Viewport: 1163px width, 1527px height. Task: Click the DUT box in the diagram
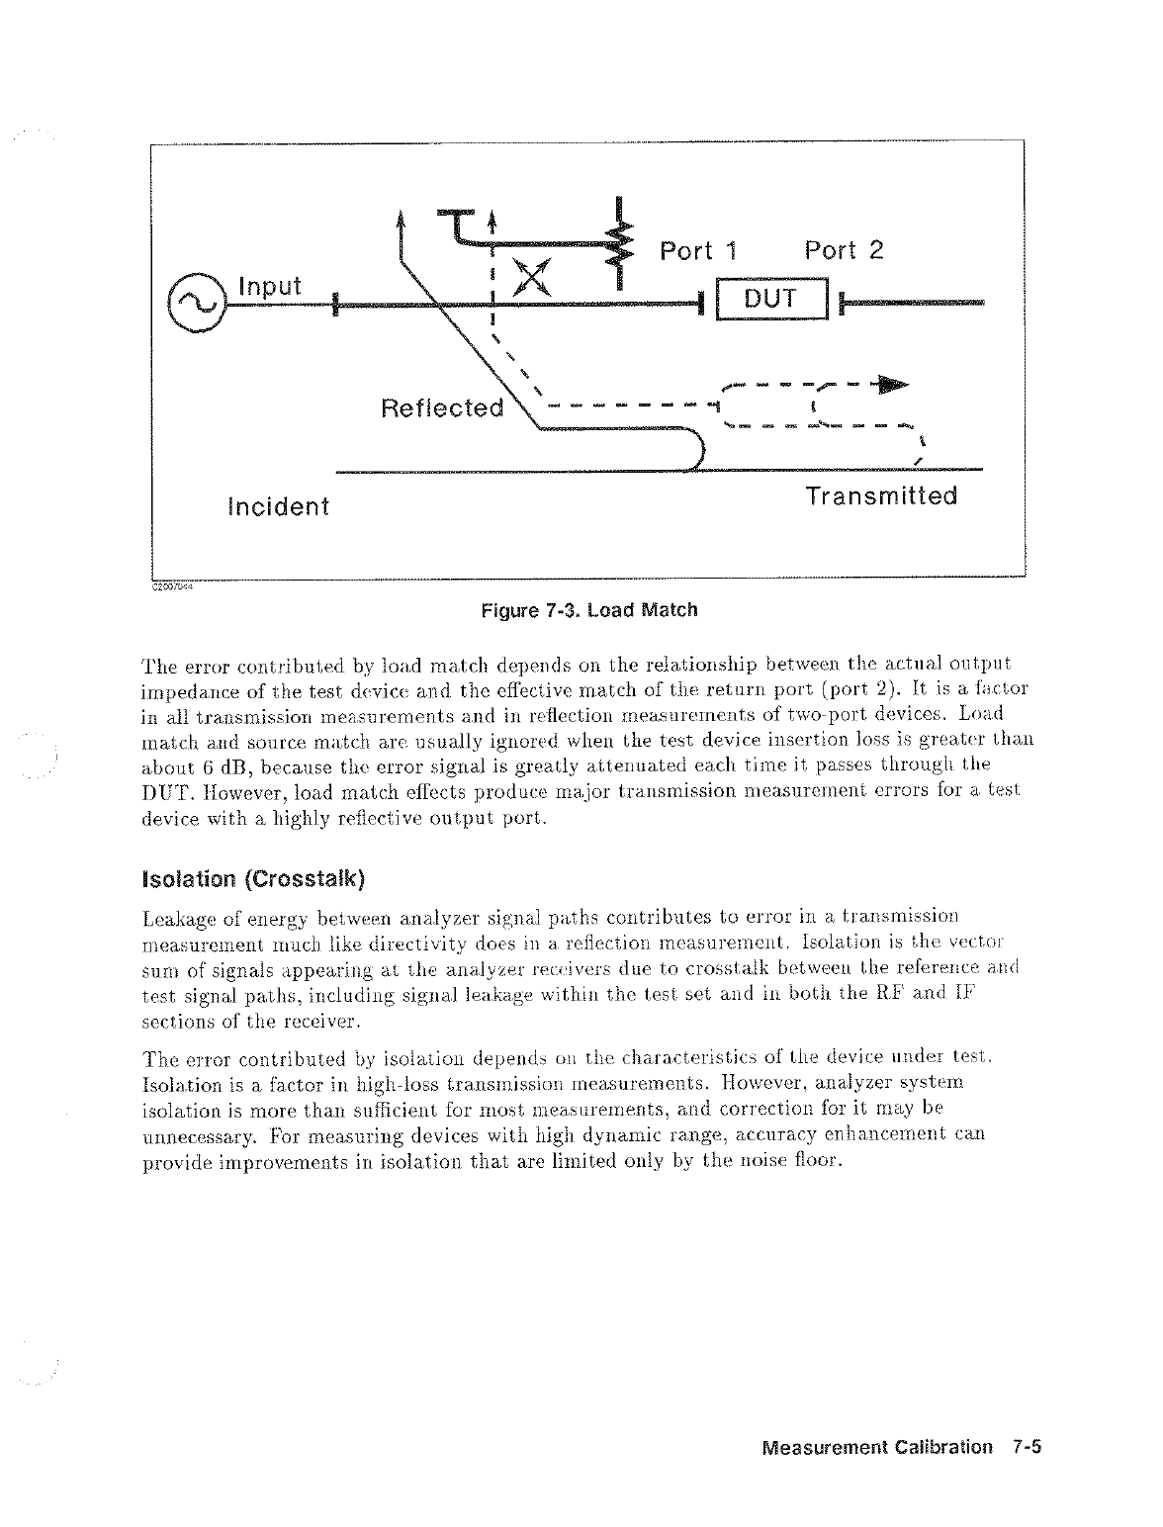(771, 300)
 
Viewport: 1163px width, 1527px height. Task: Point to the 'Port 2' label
(844, 250)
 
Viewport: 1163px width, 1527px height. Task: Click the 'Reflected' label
(442, 407)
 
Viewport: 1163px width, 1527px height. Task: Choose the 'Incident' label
(279, 507)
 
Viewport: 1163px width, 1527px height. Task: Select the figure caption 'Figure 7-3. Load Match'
(588, 610)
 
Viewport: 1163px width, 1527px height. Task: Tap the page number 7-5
(1029, 1447)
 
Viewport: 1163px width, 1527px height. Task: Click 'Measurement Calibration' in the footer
(877, 1447)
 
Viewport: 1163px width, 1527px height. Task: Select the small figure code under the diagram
(172, 584)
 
